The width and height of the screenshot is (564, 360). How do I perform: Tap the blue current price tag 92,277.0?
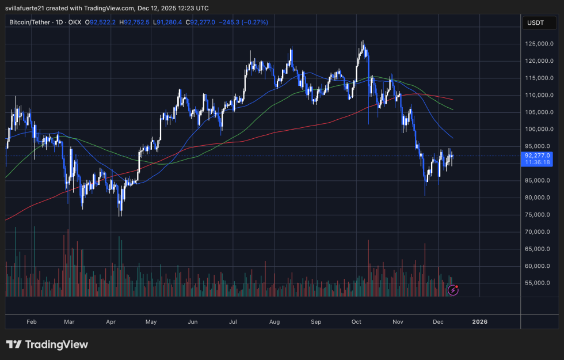538,156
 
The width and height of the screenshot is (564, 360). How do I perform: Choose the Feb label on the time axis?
32,321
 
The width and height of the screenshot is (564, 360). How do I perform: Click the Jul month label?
234,321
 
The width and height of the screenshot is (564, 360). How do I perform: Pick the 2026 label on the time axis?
479,321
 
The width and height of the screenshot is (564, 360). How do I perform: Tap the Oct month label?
356,321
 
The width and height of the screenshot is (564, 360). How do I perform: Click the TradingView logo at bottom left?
47,344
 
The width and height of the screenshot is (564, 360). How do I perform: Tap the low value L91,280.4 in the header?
166,22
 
